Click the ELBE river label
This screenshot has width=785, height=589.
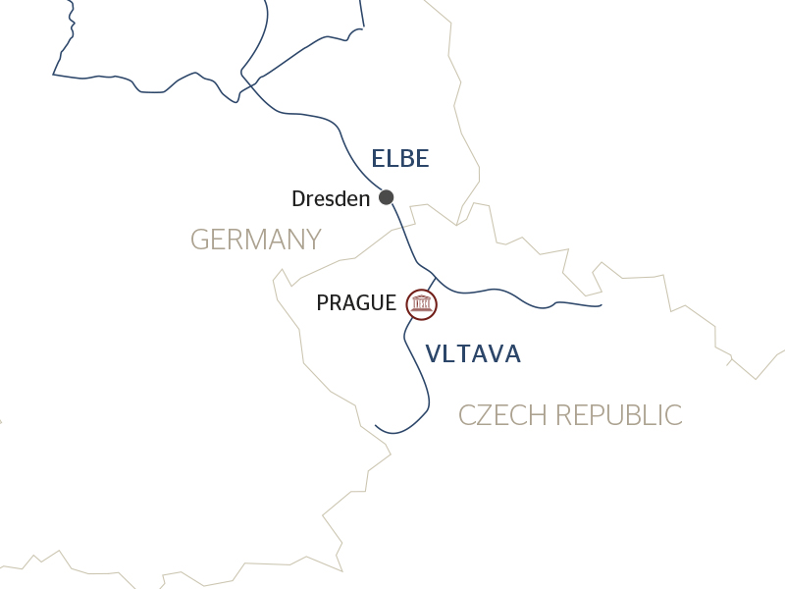[400, 159]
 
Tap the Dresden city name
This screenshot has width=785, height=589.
[331, 199]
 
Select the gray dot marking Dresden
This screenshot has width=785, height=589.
[387, 196]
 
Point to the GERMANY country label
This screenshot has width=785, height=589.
[255, 240]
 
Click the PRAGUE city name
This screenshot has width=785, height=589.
[356, 303]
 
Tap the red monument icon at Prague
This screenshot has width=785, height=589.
[422, 304]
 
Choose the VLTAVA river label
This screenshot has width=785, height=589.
[473, 354]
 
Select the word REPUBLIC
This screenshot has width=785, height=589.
[620, 415]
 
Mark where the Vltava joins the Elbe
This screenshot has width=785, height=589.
[436, 278]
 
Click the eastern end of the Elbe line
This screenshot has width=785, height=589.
[600, 305]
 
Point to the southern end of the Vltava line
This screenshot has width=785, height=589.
[377, 426]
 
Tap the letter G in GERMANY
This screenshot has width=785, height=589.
[199, 240]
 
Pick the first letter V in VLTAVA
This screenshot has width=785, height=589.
[434, 354]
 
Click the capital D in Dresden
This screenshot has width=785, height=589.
[299, 199]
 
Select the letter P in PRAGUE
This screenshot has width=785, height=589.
[323, 303]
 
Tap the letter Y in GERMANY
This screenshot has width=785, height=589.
[313, 240]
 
